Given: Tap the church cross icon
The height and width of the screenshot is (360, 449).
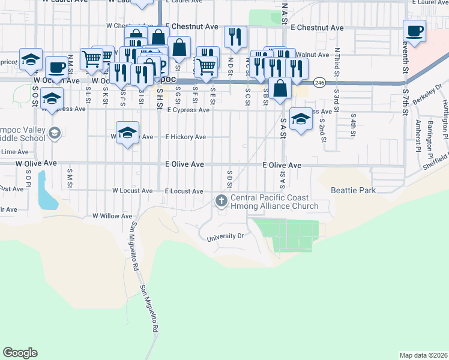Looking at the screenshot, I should pos(221,200).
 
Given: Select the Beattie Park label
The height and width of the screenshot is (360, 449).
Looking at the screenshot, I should pos(353,191).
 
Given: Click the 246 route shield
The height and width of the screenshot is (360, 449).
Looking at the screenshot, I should pos(319,83).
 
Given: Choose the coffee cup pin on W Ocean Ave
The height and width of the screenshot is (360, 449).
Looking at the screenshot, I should pos(57,67).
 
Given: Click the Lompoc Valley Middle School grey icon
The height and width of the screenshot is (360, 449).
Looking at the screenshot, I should pos(55,133).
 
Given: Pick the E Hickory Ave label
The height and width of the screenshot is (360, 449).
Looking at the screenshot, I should pos(185,137).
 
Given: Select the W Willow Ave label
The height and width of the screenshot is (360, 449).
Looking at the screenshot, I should pos(112,216).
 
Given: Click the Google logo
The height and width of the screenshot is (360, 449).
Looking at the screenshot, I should pos(20,353).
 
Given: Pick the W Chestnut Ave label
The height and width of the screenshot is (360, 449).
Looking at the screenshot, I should pos(126,26).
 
